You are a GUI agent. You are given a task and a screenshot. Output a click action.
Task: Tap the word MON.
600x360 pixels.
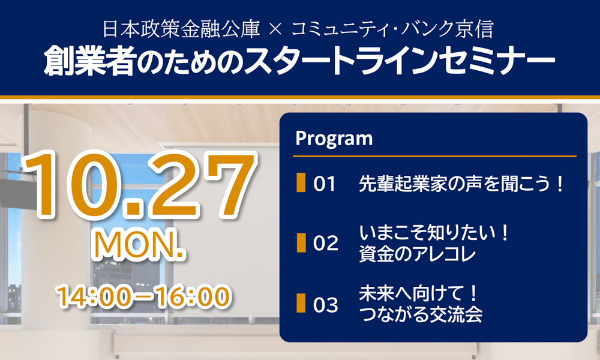click(x=139, y=245)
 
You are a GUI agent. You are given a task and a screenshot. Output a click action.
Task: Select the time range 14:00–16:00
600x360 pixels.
click(x=144, y=296)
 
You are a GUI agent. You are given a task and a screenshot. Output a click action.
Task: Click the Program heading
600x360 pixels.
click(x=334, y=139)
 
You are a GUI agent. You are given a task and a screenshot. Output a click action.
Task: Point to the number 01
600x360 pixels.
click(x=324, y=184)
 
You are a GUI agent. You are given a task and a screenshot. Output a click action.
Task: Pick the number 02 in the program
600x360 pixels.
click(x=326, y=244)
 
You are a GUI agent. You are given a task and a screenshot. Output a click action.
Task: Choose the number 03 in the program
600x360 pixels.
click(x=326, y=305)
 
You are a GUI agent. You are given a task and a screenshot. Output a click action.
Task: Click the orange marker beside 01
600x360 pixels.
click(x=301, y=182)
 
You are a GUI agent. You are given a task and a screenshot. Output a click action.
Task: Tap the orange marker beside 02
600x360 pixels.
click(x=301, y=242)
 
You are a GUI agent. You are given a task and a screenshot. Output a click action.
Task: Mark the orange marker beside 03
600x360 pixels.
click(x=301, y=303)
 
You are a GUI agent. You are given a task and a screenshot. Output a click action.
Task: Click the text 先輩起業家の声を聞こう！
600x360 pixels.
click(x=461, y=184)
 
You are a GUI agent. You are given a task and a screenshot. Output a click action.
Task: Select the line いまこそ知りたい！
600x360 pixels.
click(x=434, y=233)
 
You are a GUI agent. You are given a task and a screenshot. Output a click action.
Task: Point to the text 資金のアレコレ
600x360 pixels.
click(x=417, y=254)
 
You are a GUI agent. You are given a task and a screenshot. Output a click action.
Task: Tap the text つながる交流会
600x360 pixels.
click(x=421, y=314)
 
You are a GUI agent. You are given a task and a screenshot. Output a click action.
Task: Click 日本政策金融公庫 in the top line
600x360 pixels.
click(x=181, y=29)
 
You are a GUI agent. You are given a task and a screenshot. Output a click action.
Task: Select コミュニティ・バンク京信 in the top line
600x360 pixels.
click(x=392, y=29)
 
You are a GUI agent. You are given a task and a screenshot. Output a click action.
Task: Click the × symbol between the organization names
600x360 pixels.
click(x=275, y=29)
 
